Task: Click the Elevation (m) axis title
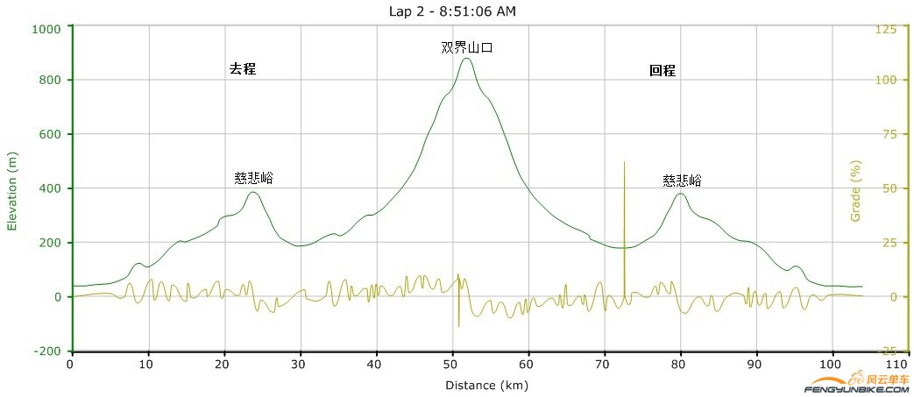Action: coord(12,189)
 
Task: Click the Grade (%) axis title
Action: coord(857,189)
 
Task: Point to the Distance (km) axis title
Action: coord(486,385)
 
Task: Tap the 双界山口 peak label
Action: coord(467,48)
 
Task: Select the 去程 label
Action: coord(243,69)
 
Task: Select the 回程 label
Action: coord(662,71)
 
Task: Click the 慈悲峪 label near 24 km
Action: coord(253,178)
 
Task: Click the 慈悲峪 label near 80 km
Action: coord(682,181)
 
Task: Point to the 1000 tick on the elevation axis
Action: coord(46,28)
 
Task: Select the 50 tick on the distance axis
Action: coord(451,365)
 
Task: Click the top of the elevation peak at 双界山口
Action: coord(466,58)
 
